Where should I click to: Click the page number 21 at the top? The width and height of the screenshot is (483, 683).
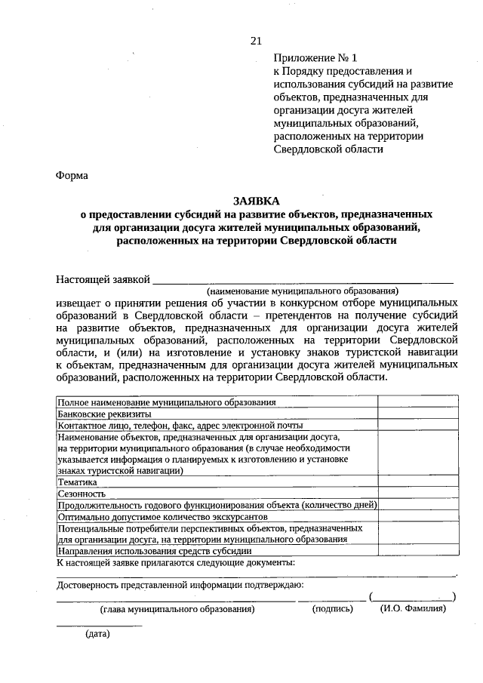pos(256,41)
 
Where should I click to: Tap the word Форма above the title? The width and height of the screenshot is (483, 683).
pos(72,176)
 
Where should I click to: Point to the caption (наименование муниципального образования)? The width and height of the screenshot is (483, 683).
pos(303,291)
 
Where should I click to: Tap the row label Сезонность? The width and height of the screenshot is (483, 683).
pos(82,492)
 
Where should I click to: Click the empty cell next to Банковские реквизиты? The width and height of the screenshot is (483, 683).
pos(418,414)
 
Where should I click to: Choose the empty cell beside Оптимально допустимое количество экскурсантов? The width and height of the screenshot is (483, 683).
pos(418,517)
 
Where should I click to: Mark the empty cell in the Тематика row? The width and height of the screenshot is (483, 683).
pos(418,481)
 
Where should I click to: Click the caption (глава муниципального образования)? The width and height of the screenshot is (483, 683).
pos(177,608)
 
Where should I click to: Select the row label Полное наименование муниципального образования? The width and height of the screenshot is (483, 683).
pos(167,402)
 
